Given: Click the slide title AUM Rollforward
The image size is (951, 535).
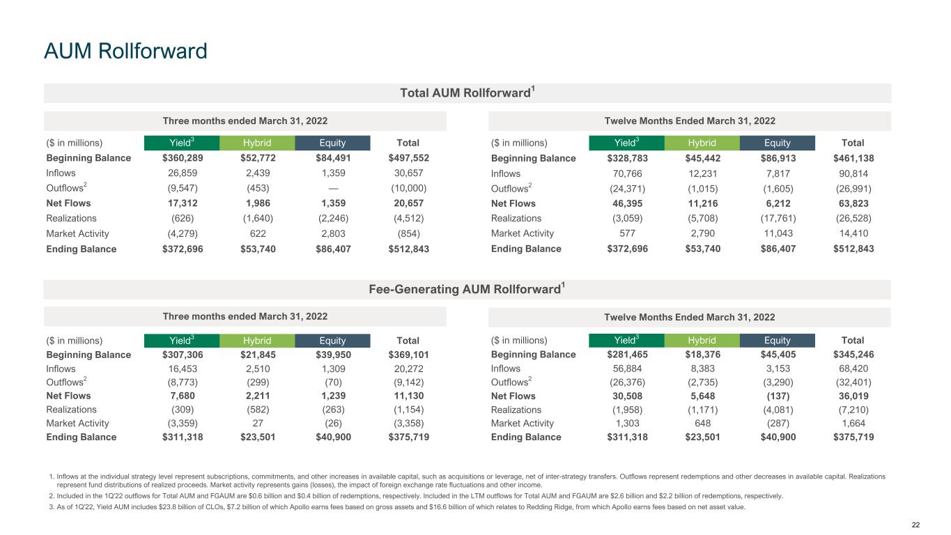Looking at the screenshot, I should pyautogui.click(x=125, y=51).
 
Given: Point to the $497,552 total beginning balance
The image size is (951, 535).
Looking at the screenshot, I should pyautogui.click(x=408, y=158).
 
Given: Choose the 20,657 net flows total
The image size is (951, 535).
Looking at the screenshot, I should pyautogui.click(x=408, y=203).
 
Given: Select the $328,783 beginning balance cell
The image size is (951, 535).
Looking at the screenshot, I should pyautogui.click(x=626, y=158).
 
